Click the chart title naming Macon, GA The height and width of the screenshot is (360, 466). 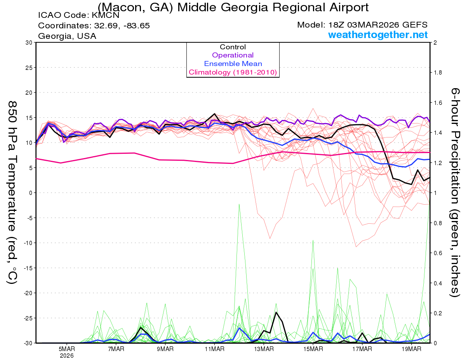point(233,7)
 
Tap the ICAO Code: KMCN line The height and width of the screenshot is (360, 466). point(78,16)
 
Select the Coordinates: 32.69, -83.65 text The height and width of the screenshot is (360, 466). point(94,26)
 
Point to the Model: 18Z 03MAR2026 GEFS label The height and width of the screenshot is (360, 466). point(362,25)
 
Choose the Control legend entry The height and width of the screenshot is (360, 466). point(233,47)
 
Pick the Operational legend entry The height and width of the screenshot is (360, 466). point(233,55)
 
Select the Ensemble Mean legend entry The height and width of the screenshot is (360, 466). point(233,64)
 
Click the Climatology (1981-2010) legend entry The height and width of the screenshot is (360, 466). point(233,72)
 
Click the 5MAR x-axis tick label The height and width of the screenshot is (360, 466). point(67,349)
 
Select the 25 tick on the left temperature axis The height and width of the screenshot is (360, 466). point(28,68)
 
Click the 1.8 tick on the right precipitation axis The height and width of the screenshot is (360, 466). point(438,73)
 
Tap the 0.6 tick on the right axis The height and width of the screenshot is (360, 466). point(438,253)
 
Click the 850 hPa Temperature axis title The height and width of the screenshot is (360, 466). point(12,192)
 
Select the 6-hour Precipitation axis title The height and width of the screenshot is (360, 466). point(455,192)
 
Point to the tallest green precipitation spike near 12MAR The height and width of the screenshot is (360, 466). point(239,204)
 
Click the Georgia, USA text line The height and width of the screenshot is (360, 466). point(67,36)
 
